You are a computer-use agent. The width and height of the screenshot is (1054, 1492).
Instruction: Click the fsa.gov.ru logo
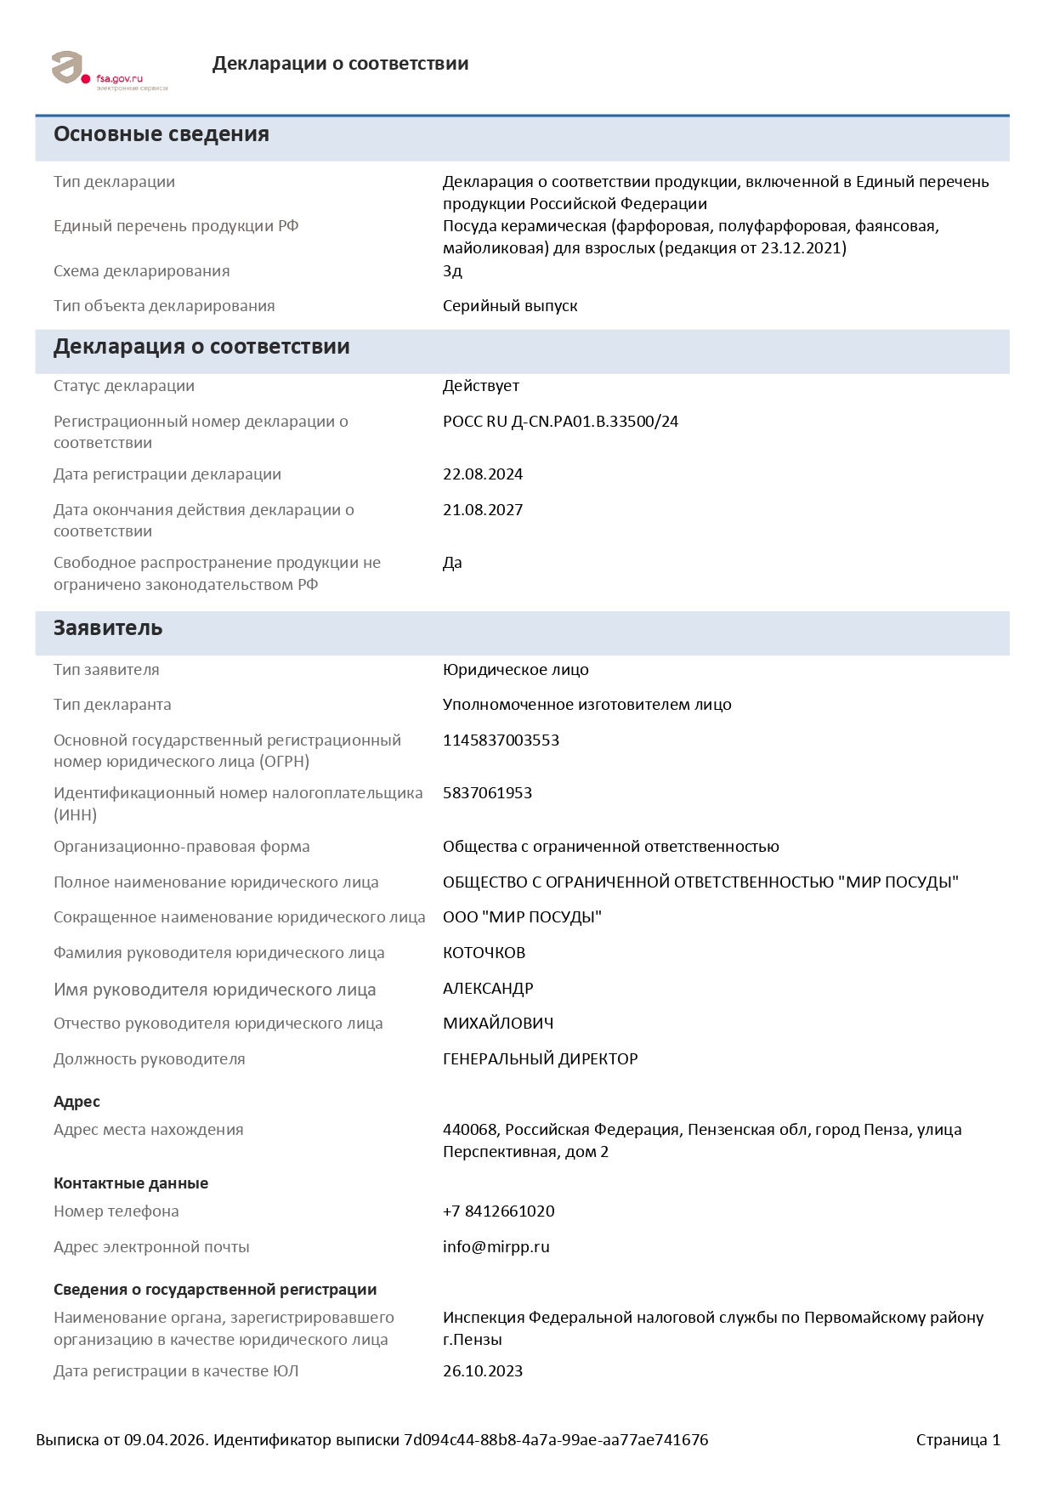pyautogui.click(x=109, y=71)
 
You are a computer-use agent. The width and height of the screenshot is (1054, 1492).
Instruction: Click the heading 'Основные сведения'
pyautogui.click(x=161, y=134)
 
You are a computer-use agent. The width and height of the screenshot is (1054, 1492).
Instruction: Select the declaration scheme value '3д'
pyautogui.click(x=452, y=271)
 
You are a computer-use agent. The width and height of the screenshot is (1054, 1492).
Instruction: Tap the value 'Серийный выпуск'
pyautogui.click(x=510, y=306)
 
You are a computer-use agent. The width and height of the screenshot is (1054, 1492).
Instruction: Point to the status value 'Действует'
pyautogui.click(x=481, y=386)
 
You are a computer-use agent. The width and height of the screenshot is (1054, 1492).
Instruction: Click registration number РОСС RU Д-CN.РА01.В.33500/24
pyautogui.click(x=560, y=422)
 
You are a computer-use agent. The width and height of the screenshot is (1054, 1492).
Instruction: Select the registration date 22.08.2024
pyautogui.click(x=483, y=474)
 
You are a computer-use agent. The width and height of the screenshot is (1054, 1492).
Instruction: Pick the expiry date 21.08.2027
pyautogui.click(x=483, y=510)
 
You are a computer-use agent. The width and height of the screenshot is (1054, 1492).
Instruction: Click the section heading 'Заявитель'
pyautogui.click(x=108, y=628)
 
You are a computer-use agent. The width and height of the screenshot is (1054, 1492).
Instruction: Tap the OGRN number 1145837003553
pyautogui.click(x=501, y=740)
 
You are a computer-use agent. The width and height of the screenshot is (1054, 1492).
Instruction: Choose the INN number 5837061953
pyautogui.click(x=487, y=793)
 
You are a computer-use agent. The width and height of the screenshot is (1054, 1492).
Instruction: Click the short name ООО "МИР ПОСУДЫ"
pyautogui.click(x=522, y=917)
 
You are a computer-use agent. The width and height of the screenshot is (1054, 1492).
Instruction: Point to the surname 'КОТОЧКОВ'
pyautogui.click(x=484, y=953)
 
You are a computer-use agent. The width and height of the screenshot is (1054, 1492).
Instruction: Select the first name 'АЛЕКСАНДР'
pyautogui.click(x=488, y=989)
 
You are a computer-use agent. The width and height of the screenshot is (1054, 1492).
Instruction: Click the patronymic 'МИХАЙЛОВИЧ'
pyautogui.click(x=498, y=1024)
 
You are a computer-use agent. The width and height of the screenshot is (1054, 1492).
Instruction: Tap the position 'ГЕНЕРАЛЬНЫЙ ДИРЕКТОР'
pyautogui.click(x=540, y=1059)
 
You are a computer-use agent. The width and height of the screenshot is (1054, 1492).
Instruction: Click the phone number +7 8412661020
pyautogui.click(x=498, y=1211)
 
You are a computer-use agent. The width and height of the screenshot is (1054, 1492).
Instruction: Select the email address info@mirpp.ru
pyautogui.click(x=496, y=1247)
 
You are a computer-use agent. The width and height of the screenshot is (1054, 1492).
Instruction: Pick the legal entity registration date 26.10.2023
pyautogui.click(x=483, y=1371)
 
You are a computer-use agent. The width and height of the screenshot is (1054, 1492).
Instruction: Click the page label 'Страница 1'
pyautogui.click(x=958, y=1440)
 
